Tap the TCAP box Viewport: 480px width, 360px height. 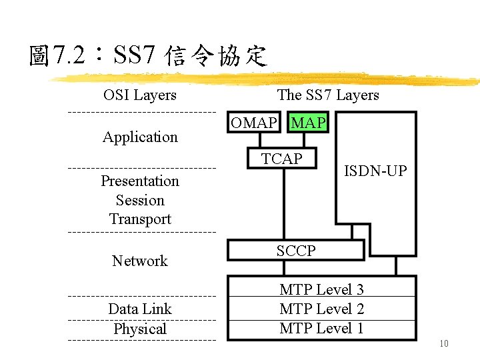point(281,159)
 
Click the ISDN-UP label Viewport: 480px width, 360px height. point(375,171)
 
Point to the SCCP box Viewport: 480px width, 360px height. point(296,250)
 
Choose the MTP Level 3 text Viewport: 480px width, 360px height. point(321,289)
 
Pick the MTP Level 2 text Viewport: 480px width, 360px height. point(321,309)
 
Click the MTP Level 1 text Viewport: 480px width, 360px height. point(321,328)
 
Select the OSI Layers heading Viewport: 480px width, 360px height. point(140,95)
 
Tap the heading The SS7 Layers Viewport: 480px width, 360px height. point(328,95)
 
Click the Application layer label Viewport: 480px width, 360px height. point(140,137)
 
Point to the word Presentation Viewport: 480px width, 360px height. point(140,181)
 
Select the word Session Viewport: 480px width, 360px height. point(140,200)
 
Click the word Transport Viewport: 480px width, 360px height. point(140,219)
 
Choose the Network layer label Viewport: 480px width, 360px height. point(140,261)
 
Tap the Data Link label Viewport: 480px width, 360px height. point(140,309)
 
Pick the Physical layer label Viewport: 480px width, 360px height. point(140,329)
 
